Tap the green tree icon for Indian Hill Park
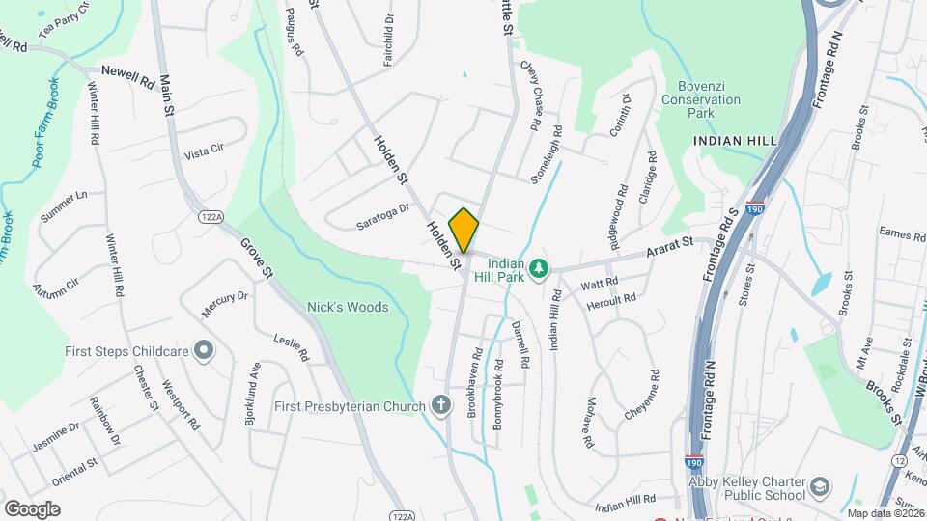(x=542, y=267)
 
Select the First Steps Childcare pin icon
(x=204, y=350)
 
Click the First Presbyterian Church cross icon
(x=441, y=404)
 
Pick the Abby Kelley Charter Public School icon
(x=820, y=486)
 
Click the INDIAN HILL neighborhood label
(x=735, y=141)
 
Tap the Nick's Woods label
(x=348, y=308)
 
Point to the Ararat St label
(x=670, y=253)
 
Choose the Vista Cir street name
(x=203, y=151)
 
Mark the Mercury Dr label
(x=224, y=304)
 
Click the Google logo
(x=32, y=509)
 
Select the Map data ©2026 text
(x=885, y=513)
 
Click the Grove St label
(x=258, y=258)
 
